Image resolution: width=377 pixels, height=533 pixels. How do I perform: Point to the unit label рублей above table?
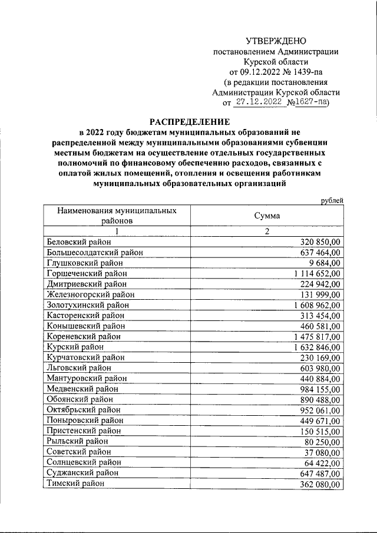tap(332, 200)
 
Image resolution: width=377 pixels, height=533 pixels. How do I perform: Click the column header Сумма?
tap(267, 216)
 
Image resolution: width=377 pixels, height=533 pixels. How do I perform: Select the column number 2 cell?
tap(267, 231)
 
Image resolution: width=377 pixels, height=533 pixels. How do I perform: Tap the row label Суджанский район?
tap(82, 473)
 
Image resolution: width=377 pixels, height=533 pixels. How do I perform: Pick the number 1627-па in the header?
tap(310, 102)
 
